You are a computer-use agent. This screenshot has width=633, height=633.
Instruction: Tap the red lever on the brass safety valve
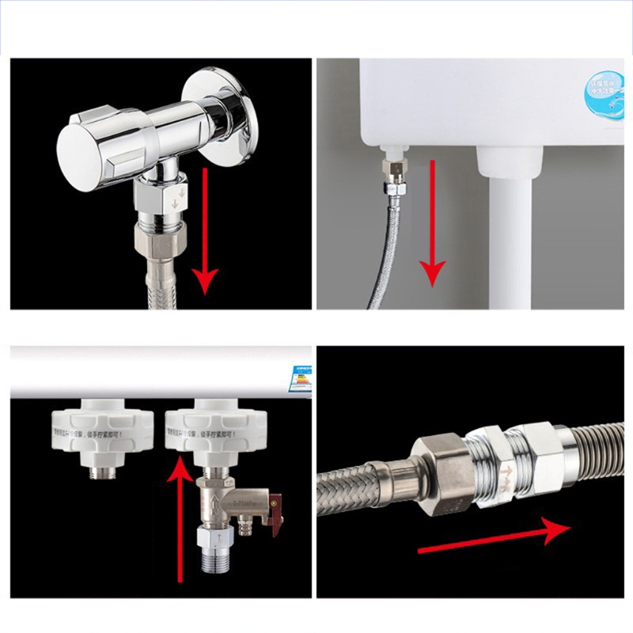(x=275, y=506)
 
